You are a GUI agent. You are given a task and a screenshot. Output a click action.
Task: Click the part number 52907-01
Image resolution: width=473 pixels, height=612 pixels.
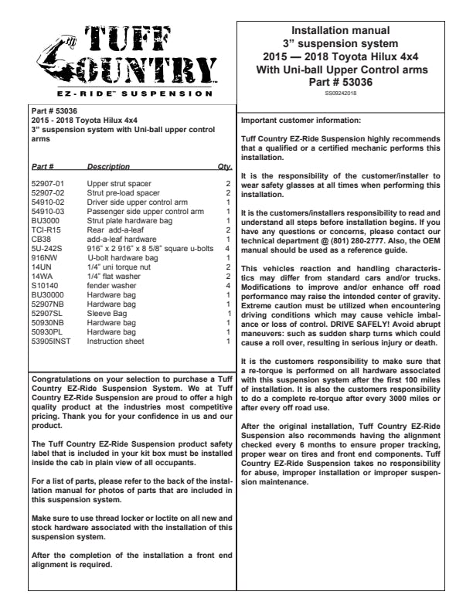47,185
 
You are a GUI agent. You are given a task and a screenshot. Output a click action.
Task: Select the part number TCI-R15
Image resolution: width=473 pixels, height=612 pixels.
45,230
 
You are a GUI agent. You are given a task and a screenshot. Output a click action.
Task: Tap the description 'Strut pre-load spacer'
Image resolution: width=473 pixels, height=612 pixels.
124,193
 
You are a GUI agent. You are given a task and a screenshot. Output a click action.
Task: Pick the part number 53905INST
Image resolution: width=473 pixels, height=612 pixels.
50,341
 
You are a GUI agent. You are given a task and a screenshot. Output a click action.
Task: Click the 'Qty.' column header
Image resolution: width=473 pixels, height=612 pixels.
225,166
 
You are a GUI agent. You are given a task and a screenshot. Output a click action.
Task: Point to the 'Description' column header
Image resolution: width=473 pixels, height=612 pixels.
108,166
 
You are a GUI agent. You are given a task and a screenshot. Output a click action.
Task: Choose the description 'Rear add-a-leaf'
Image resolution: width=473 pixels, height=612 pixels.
112,230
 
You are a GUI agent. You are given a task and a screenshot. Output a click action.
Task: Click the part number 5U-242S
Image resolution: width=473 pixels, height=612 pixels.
46,249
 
